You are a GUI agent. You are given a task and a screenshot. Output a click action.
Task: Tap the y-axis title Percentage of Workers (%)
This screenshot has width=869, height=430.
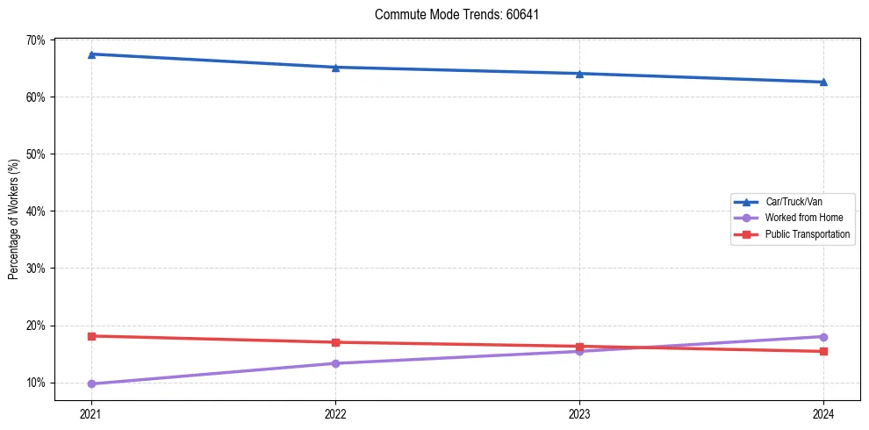point(14,220)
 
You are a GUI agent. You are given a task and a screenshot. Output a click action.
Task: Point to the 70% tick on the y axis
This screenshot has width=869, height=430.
point(36,40)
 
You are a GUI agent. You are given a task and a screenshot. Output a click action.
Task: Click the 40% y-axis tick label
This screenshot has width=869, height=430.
point(36,211)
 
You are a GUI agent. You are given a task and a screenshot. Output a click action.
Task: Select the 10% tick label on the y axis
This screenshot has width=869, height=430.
point(36,383)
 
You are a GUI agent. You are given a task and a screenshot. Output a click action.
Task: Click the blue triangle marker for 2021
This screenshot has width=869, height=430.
point(91,54)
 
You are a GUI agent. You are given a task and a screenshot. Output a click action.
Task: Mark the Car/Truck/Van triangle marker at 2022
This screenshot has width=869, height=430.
point(335,68)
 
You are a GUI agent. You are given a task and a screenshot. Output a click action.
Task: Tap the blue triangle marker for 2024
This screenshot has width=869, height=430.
point(823,82)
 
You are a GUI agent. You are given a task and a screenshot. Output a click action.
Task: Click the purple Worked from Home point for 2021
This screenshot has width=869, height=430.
point(91,383)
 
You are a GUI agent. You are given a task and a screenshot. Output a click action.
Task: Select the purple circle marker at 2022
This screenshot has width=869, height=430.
point(335,363)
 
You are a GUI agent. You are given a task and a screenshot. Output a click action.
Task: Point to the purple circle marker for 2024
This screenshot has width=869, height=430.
point(823,337)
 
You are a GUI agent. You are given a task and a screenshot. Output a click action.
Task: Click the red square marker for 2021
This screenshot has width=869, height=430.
point(91,336)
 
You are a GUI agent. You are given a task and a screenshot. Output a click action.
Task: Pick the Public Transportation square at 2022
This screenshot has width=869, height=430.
point(335,342)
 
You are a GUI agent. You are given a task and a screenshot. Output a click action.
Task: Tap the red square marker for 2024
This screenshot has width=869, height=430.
point(823,351)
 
